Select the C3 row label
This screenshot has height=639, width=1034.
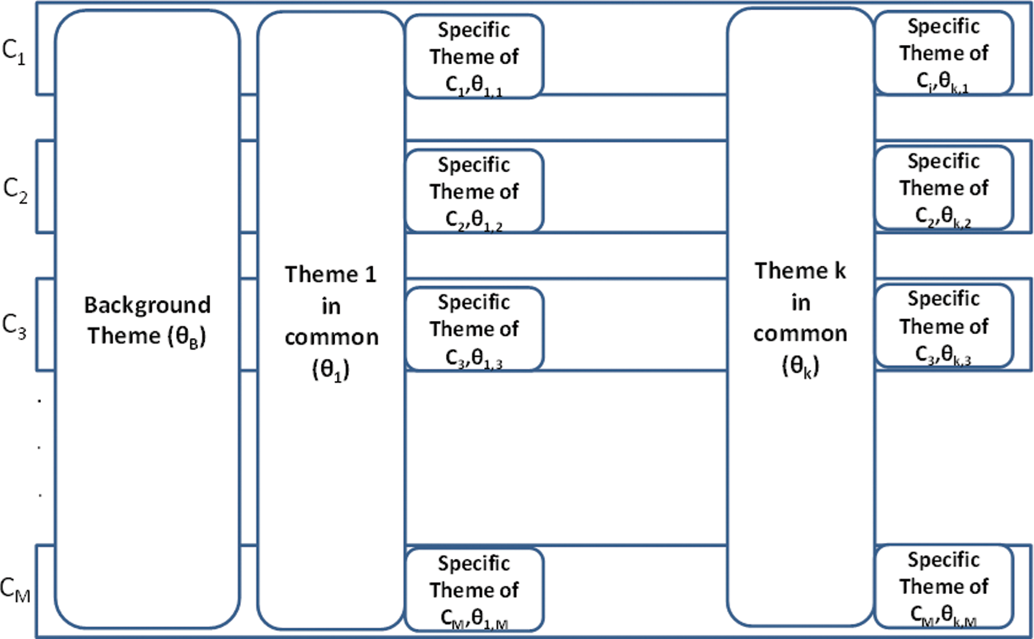15,326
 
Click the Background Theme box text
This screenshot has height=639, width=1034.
147,320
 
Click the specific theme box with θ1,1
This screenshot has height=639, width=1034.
474,57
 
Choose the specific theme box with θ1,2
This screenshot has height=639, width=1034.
474,192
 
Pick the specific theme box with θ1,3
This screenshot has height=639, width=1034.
474,329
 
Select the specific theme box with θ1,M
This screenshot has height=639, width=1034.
474,590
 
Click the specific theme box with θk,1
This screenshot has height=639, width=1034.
943,53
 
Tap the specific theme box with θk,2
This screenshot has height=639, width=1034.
943,188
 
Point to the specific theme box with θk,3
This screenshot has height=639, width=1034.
943,326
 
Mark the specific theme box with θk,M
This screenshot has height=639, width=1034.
943,587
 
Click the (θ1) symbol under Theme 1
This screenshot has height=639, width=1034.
331,370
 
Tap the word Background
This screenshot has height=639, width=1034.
147,305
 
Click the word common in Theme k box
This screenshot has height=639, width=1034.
800,334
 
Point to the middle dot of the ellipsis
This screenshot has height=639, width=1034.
39,447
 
